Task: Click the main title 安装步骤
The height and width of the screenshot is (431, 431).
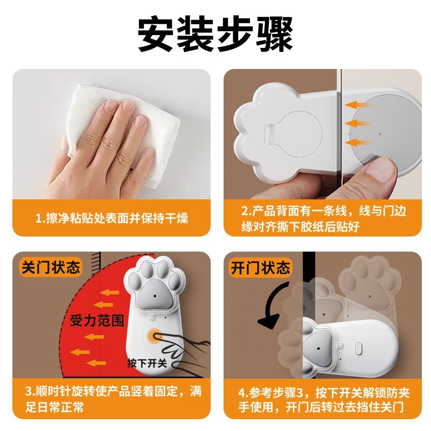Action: tap(215, 34)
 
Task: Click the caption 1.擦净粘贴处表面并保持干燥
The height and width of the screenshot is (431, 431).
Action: tap(112, 218)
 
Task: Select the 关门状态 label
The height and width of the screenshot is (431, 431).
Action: tap(51, 267)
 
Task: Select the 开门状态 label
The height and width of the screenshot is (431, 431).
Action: tap(260, 267)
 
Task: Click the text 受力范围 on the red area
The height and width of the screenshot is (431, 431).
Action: tap(97, 321)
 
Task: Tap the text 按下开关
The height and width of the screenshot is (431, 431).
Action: tap(147, 363)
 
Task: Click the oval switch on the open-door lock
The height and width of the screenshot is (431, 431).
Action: tap(358, 349)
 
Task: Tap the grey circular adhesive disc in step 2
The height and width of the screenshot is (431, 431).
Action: tap(385, 129)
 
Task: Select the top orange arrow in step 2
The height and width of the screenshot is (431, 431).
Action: tap(358, 105)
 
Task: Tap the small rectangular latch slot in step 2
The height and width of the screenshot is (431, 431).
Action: tap(270, 134)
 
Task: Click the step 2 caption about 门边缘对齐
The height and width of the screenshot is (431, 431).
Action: tap(324, 219)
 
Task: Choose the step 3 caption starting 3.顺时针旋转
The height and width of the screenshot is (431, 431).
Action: tap(114, 399)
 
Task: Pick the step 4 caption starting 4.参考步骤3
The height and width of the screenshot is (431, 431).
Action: tap(324, 400)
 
